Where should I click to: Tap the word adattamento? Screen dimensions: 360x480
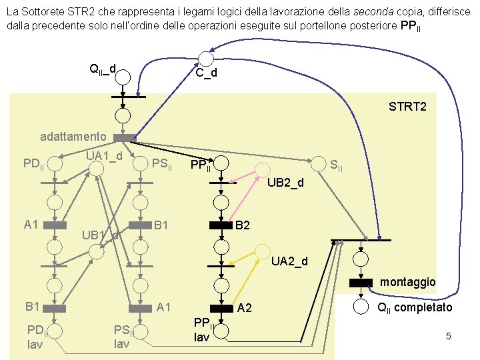click(73, 137)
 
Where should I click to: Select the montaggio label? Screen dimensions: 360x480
click(407, 282)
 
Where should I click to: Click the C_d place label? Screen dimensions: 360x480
click(206, 73)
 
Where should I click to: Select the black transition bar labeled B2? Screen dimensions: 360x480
click(220, 225)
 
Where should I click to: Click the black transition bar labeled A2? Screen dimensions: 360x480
click(220, 308)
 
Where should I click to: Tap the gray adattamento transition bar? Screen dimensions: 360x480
click(125, 137)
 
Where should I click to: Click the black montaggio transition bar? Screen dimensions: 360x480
click(361, 282)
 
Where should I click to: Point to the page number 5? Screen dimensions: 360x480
click(449, 336)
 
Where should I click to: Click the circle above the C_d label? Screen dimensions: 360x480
click(205, 59)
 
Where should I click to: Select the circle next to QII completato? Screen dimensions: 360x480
click(361, 307)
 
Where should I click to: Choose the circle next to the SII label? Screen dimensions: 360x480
click(320, 163)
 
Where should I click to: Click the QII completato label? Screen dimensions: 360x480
click(415, 307)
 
